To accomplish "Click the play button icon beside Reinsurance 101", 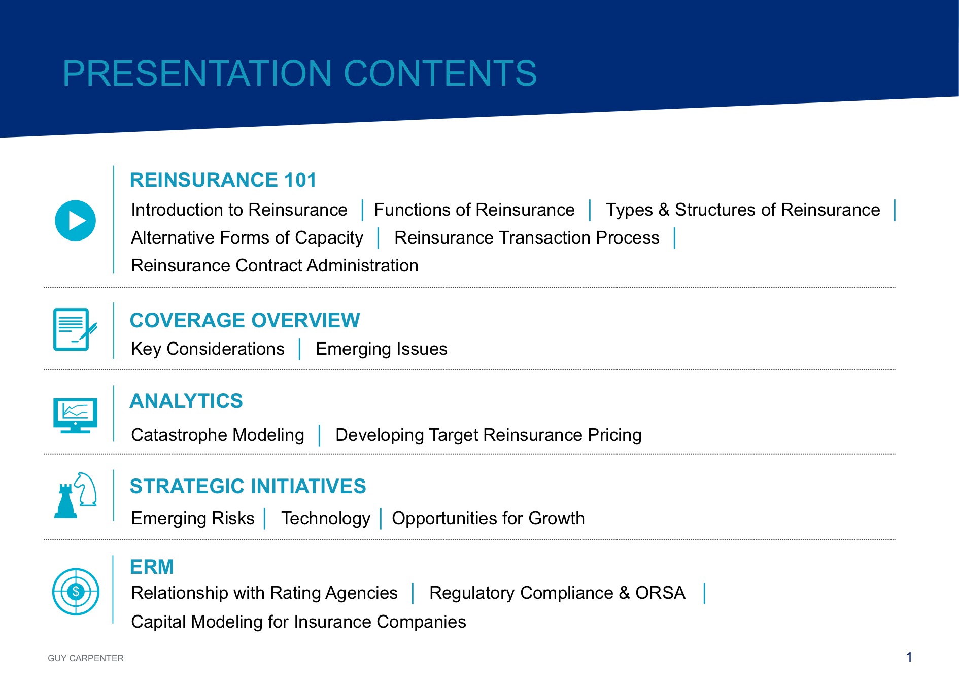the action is pyautogui.click(x=75, y=221).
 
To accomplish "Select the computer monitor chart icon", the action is pyautogui.click(x=75, y=416).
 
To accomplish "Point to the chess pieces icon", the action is pyautogui.click(x=76, y=495).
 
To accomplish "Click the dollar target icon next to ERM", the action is pyautogui.click(x=76, y=592).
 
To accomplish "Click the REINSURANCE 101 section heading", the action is pyautogui.click(x=223, y=180).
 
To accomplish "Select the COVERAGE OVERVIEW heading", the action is pyautogui.click(x=245, y=321).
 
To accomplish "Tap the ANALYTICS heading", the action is pyautogui.click(x=186, y=401).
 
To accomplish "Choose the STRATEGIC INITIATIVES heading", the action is pyautogui.click(x=248, y=487).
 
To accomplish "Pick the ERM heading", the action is pyautogui.click(x=152, y=567).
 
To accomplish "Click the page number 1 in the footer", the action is pyautogui.click(x=909, y=657).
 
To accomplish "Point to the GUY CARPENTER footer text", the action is pyautogui.click(x=86, y=658).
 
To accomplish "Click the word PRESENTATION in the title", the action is pyautogui.click(x=197, y=74).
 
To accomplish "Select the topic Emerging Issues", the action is pyautogui.click(x=382, y=349).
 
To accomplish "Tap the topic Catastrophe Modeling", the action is pyautogui.click(x=218, y=435).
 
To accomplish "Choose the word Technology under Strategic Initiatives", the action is pyautogui.click(x=326, y=519).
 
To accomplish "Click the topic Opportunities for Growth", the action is pyautogui.click(x=488, y=519).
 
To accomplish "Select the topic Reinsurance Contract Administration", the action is pyautogui.click(x=275, y=266).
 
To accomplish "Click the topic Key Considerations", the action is pyautogui.click(x=208, y=349).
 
